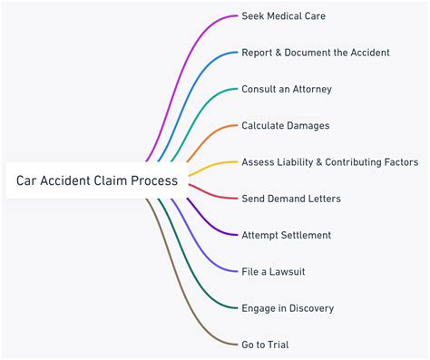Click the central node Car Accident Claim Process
[97, 180]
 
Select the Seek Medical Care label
[283, 16]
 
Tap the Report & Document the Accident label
[315, 53]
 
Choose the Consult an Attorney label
[286, 89]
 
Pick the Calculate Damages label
[285, 125]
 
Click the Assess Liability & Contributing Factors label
[329, 162]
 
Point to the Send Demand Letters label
[290, 199]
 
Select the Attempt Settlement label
[286, 235]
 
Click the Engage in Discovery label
[288, 308]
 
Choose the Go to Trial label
[265, 345]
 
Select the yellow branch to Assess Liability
[213, 165]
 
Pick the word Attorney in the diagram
[309, 89]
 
